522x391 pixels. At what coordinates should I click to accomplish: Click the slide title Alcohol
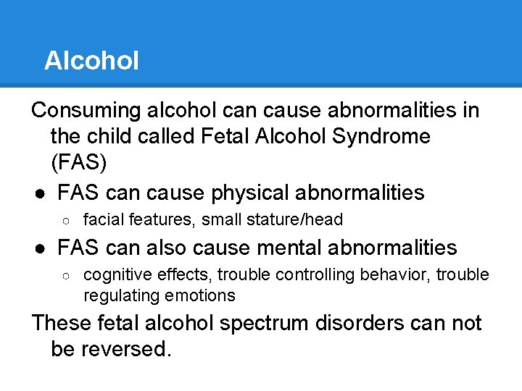[91, 61]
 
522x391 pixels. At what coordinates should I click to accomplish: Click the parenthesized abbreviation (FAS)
[79, 162]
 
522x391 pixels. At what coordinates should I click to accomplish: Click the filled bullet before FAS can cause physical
[41, 193]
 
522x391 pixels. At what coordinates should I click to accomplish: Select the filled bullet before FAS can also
[41, 248]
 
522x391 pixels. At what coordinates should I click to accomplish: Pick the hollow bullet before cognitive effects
[66, 276]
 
